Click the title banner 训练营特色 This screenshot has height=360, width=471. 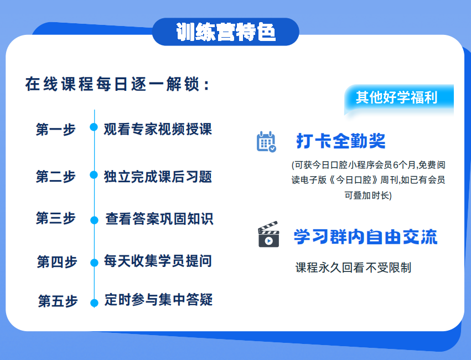[226, 32]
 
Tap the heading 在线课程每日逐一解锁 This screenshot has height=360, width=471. [117, 84]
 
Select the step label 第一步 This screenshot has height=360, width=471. [55, 130]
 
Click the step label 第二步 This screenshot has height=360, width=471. [55, 176]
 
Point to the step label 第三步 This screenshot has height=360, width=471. [55, 218]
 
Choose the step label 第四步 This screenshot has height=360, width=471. [57, 262]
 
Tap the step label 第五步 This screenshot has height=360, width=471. [58, 301]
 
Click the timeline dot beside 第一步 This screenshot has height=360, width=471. [94, 127]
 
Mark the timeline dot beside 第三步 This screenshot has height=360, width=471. [94, 220]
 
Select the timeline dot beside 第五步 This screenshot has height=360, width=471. [94, 302]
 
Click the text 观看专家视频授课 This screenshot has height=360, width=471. [158, 129]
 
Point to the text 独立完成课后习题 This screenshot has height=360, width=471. [158, 177]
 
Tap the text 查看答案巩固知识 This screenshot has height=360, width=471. [159, 219]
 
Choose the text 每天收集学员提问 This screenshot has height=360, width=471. [158, 261]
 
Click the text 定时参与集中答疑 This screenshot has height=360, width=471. [159, 300]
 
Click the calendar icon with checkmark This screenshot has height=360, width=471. [266, 142]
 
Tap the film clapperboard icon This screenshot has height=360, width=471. [268, 234]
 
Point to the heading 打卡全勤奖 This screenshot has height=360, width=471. [340, 141]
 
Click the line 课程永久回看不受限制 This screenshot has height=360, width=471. [353, 268]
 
